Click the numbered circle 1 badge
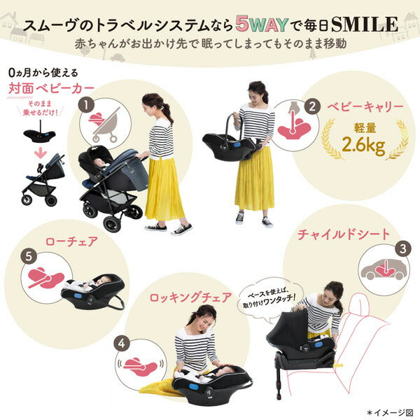click(86, 105)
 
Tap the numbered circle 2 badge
click(312, 106)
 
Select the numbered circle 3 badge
click(403, 248)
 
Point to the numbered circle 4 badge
click(122, 344)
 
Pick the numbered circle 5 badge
click(29, 257)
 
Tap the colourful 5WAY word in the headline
click(262, 24)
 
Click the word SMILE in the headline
click(364, 24)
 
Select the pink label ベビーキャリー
click(365, 106)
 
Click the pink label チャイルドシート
click(344, 234)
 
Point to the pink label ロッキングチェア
click(190, 297)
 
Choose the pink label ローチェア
click(71, 241)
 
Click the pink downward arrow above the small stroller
click(41, 153)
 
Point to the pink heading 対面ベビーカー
click(51, 89)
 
